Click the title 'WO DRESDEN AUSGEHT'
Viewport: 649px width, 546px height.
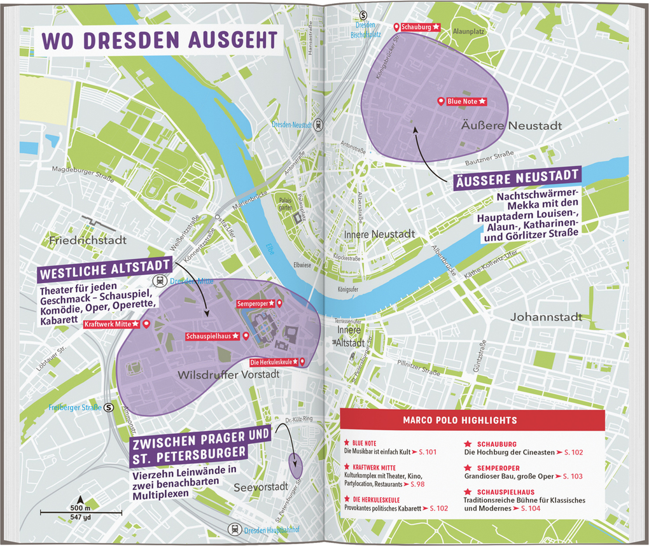[159, 39]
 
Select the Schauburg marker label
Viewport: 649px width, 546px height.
[417, 27]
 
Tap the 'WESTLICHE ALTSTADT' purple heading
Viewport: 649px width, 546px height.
[105, 270]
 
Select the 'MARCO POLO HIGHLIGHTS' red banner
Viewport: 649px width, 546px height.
[471, 420]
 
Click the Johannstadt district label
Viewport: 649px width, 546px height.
[546, 316]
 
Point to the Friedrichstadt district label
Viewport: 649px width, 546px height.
[88, 240]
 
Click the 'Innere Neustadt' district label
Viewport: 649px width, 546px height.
[379, 234]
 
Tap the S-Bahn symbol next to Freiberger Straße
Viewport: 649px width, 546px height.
[109, 407]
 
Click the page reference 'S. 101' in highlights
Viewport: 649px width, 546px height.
[428, 451]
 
